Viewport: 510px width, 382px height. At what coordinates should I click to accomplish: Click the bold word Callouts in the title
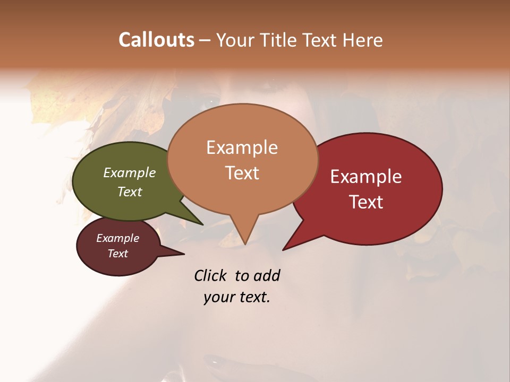coord(156,40)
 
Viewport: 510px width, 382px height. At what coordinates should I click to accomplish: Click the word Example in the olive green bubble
coord(129,173)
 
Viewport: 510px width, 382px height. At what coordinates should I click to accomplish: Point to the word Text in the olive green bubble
coord(129,192)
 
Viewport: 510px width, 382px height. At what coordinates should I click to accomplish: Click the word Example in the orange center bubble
coord(242,147)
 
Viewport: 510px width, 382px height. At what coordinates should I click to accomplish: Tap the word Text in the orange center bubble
coord(242,173)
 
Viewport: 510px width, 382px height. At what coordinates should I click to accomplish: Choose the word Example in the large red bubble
coord(366,177)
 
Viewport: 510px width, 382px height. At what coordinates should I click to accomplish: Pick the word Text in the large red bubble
coord(366,202)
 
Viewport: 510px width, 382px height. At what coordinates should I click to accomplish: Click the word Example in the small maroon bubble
coord(117,238)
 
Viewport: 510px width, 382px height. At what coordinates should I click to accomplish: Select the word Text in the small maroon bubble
coord(117,254)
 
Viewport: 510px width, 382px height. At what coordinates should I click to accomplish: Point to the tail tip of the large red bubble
coord(283,249)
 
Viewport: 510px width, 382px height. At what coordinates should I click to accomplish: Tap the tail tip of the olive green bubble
coord(202,224)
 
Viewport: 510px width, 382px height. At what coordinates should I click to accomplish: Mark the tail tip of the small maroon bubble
coord(184,254)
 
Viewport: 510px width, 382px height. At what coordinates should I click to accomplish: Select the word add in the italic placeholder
coord(267,275)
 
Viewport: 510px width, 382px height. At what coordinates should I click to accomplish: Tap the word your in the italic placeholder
coord(218,297)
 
